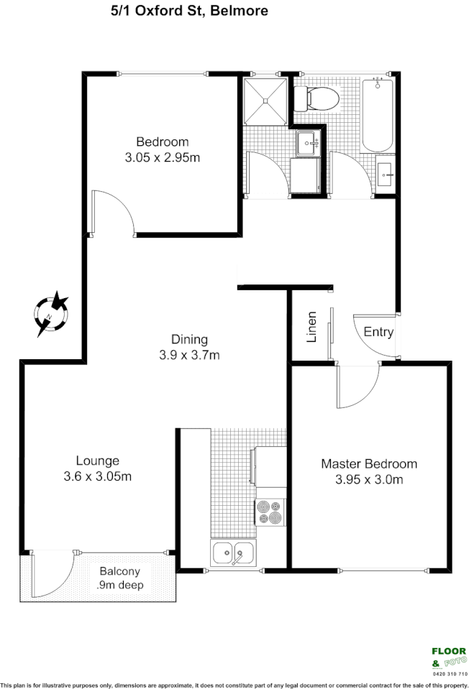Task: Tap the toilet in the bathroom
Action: point(316,98)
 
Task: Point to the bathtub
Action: point(378,114)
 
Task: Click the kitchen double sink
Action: point(232,553)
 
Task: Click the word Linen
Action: point(312,326)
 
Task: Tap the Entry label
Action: point(378,332)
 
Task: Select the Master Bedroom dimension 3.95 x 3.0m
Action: point(368,480)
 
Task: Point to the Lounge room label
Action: point(98,461)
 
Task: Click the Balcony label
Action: point(119,572)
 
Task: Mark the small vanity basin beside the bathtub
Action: point(386,172)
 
